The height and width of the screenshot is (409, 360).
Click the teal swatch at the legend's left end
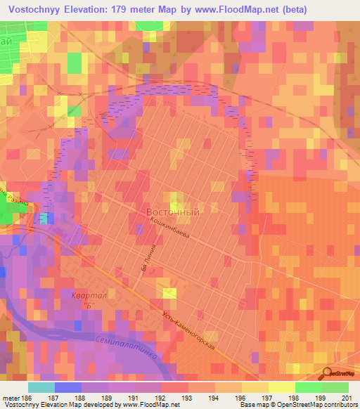click(x=41, y=387)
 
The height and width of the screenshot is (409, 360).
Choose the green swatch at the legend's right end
click(x=335, y=387)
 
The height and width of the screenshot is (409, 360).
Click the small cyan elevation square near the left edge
click(x=44, y=219)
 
